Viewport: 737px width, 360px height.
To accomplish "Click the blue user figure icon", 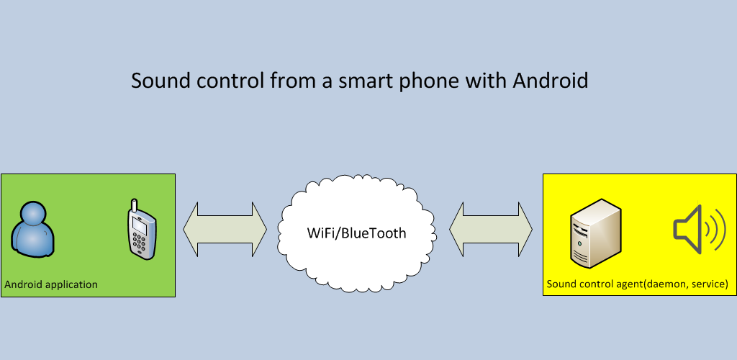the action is click(x=32, y=230).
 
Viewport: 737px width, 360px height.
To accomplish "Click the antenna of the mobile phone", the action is click(x=135, y=206).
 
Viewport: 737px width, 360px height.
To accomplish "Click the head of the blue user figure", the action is click(x=33, y=215).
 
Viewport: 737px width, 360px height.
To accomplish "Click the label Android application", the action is click(x=51, y=284).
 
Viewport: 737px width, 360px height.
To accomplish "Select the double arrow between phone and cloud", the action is click(x=225, y=230).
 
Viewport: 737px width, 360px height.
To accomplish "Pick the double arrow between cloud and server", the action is click(x=491, y=230).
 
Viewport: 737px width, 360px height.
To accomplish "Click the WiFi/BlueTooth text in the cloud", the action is click(x=356, y=233).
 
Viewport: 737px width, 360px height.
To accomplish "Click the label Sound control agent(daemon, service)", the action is click(x=638, y=284).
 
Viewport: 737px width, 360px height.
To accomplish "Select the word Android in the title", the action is click(x=551, y=81).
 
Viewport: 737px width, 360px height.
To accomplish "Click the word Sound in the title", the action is click(x=160, y=81).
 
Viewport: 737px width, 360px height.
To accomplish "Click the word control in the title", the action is click(x=230, y=81).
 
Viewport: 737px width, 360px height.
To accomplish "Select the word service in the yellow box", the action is click(x=710, y=284).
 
